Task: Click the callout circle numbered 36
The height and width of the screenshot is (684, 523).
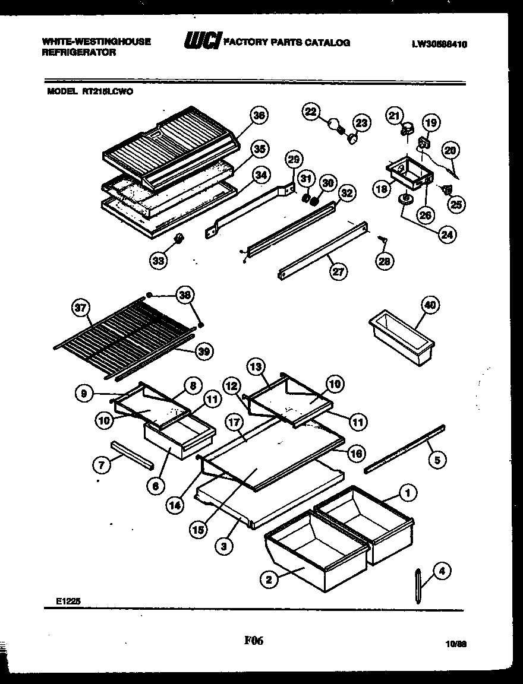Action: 258,116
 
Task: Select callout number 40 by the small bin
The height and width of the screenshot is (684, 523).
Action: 430,305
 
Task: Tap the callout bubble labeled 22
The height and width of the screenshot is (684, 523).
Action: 311,111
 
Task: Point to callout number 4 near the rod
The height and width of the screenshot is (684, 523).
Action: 441,571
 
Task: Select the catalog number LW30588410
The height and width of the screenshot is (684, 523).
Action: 439,43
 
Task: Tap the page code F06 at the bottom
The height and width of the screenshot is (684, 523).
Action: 254,641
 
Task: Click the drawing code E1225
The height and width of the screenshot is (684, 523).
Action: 65,601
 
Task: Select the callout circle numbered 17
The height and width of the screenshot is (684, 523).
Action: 232,423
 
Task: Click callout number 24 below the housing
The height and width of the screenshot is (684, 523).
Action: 446,235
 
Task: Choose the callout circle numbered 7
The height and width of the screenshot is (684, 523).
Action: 102,465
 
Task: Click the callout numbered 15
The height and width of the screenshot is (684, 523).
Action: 199,530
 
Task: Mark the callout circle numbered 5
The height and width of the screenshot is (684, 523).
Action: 437,458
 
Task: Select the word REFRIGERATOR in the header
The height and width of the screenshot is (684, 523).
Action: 78,52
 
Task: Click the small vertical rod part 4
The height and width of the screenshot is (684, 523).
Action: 418,585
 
